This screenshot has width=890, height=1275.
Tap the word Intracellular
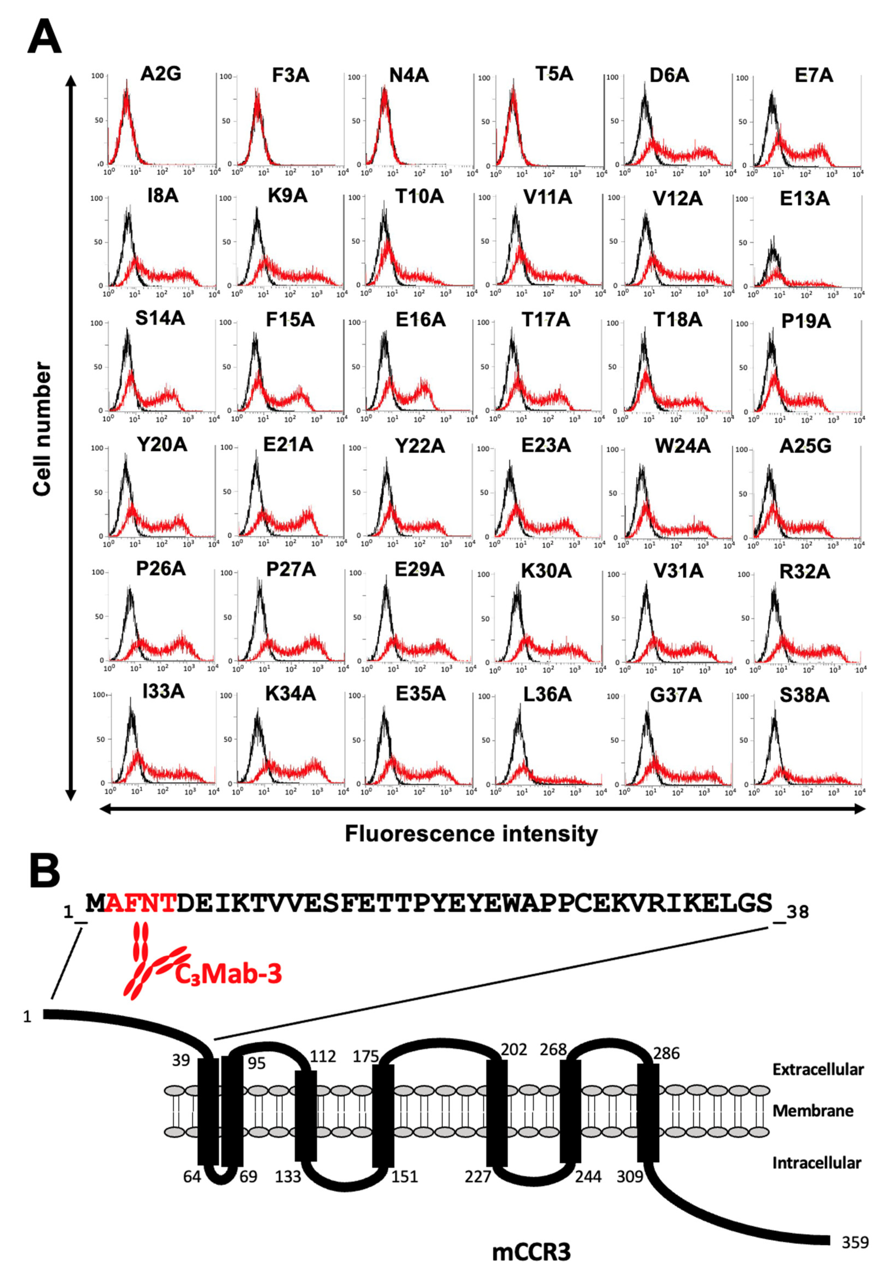pyautogui.click(x=816, y=1162)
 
